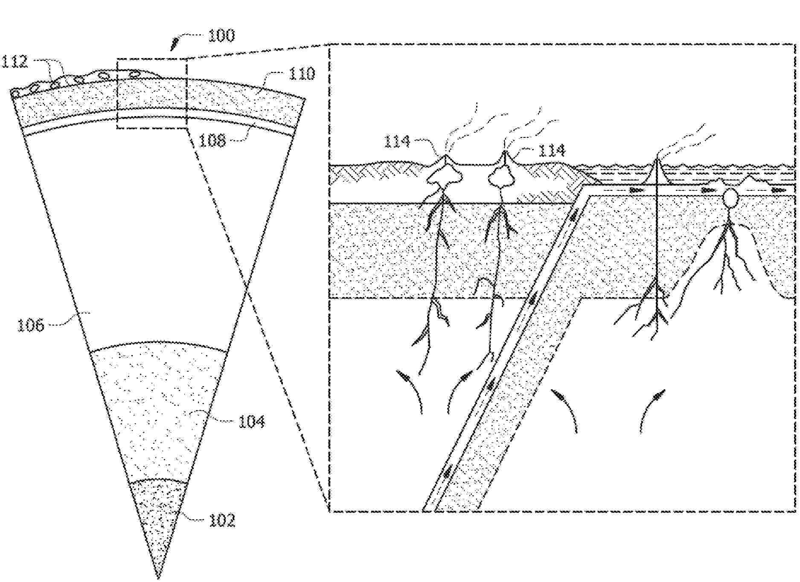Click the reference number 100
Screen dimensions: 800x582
[221, 35]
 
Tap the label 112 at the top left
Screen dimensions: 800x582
[15, 61]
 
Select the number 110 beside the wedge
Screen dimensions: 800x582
[302, 74]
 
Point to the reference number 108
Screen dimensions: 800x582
[212, 140]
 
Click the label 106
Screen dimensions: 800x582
[30, 326]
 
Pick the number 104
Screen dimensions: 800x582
[252, 422]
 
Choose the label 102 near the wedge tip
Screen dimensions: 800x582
[222, 520]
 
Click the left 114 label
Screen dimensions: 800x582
[397, 141]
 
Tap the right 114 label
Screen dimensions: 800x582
[552, 150]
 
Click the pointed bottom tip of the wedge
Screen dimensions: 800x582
[158, 578]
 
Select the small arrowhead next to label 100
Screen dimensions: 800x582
[175, 43]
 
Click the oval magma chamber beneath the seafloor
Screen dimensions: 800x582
[730, 198]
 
